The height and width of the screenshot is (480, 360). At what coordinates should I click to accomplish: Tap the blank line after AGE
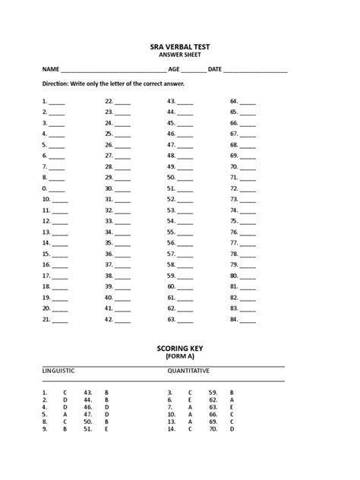(x=193, y=71)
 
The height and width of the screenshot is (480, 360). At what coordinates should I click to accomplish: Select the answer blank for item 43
(x=186, y=102)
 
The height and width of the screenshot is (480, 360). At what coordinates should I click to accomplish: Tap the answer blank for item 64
(x=248, y=102)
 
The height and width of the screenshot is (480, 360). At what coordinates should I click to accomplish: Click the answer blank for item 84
(x=248, y=321)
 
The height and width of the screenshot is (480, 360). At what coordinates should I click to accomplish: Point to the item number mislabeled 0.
(x=45, y=188)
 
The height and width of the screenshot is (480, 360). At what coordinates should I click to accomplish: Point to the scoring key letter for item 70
(x=232, y=429)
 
